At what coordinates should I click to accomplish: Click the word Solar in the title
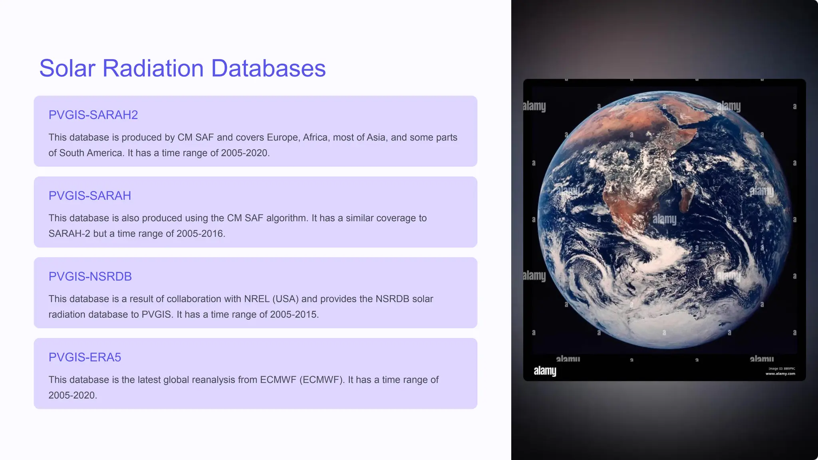(x=67, y=68)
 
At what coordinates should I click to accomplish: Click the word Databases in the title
(x=268, y=68)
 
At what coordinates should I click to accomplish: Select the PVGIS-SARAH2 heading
(x=93, y=115)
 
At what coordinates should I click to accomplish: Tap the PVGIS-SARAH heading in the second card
(x=89, y=196)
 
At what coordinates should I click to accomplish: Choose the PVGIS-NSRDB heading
(x=90, y=276)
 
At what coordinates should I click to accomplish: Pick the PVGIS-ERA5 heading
(x=85, y=357)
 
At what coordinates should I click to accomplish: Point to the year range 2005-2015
(x=294, y=314)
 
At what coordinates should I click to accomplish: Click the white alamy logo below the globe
(x=545, y=371)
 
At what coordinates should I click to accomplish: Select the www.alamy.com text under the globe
(x=780, y=374)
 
